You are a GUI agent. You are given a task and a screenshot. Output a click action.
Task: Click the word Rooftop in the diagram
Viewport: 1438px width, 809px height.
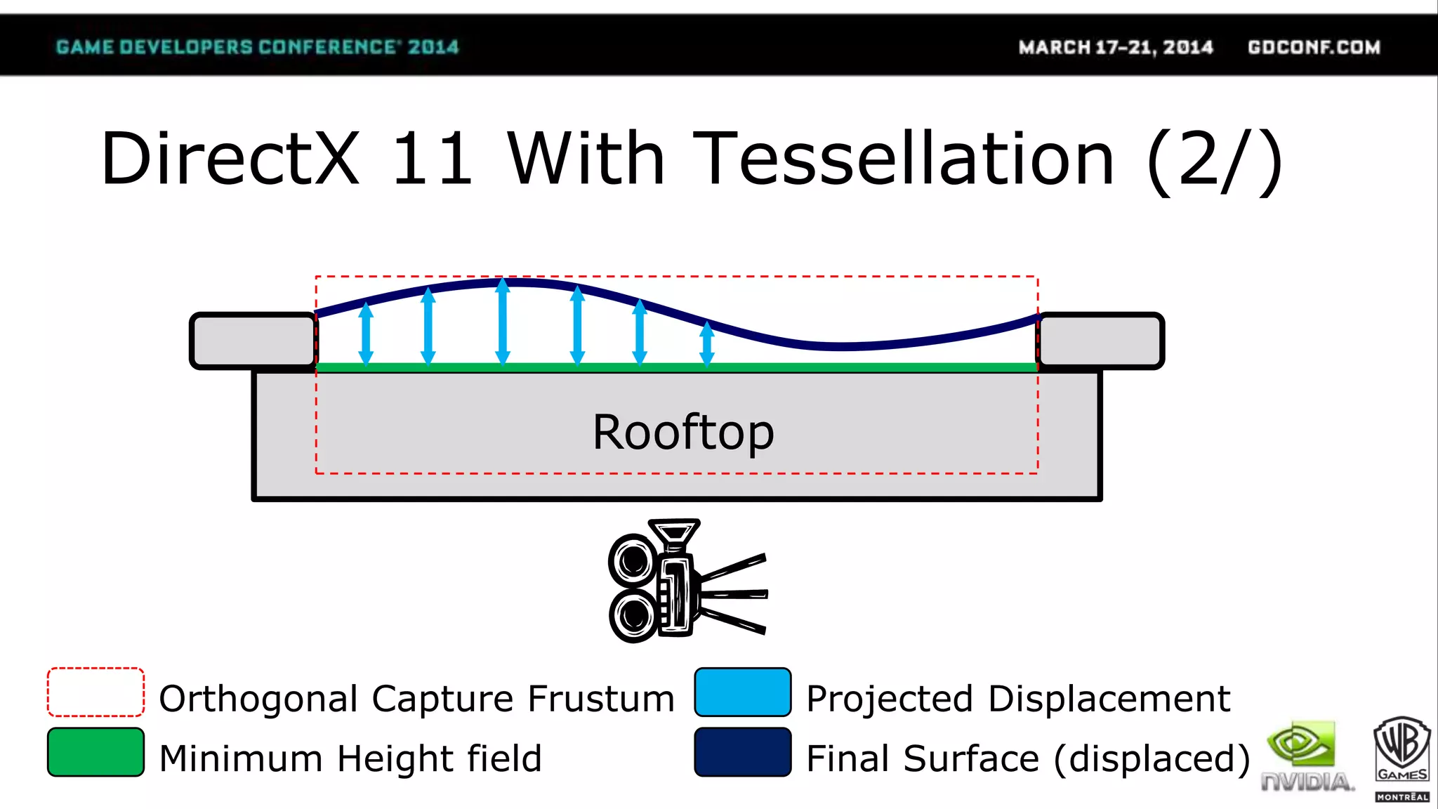(683, 432)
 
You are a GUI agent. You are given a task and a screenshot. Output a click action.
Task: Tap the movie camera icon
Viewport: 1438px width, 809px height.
(685, 581)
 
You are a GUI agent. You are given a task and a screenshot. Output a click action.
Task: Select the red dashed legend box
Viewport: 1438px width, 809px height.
(95, 692)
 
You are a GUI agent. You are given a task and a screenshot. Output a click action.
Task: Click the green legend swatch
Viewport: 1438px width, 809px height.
(95, 752)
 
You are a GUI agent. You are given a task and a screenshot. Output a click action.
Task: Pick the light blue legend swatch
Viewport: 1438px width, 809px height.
(742, 692)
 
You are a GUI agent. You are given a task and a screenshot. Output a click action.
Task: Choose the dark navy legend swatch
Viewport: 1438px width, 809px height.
(742, 752)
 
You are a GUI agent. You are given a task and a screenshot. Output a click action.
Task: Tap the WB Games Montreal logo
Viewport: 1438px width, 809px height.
(1401, 758)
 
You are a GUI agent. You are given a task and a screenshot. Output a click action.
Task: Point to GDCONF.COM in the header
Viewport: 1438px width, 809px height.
(1314, 47)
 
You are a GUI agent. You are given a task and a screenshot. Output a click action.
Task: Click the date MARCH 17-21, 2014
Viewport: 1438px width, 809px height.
(1116, 47)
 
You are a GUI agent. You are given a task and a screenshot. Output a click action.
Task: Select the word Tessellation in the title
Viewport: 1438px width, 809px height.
(903, 159)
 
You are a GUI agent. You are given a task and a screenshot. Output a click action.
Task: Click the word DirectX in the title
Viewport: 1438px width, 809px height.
(230, 159)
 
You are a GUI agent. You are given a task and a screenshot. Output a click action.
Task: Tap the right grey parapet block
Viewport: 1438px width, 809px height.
(1100, 341)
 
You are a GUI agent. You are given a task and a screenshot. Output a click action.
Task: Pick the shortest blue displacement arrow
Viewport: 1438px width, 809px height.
(707, 343)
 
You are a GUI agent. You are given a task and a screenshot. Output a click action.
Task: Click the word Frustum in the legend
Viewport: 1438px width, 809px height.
(600, 699)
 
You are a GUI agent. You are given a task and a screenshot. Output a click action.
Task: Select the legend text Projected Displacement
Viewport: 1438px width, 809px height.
(1018, 699)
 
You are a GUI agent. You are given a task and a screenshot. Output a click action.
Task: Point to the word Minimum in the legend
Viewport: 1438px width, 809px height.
(241, 758)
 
